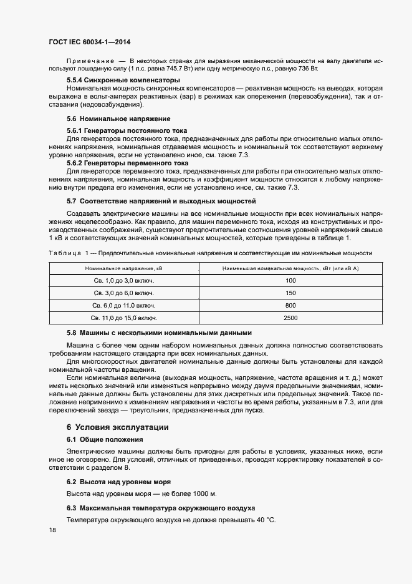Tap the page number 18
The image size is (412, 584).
[x=52, y=530]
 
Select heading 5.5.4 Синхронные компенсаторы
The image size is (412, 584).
[x=123, y=80]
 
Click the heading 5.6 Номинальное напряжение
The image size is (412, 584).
[x=118, y=119]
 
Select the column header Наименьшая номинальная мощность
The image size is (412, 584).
[x=290, y=268]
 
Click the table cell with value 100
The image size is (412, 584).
[x=290, y=281]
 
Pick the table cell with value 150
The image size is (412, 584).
[x=290, y=293]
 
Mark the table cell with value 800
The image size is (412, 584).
[x=290, y=306]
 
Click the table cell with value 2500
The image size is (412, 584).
[x=290, y=318]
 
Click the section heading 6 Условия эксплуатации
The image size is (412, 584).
[x=117, y=427]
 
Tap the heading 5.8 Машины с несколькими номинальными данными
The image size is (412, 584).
[x=159, y=333]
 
